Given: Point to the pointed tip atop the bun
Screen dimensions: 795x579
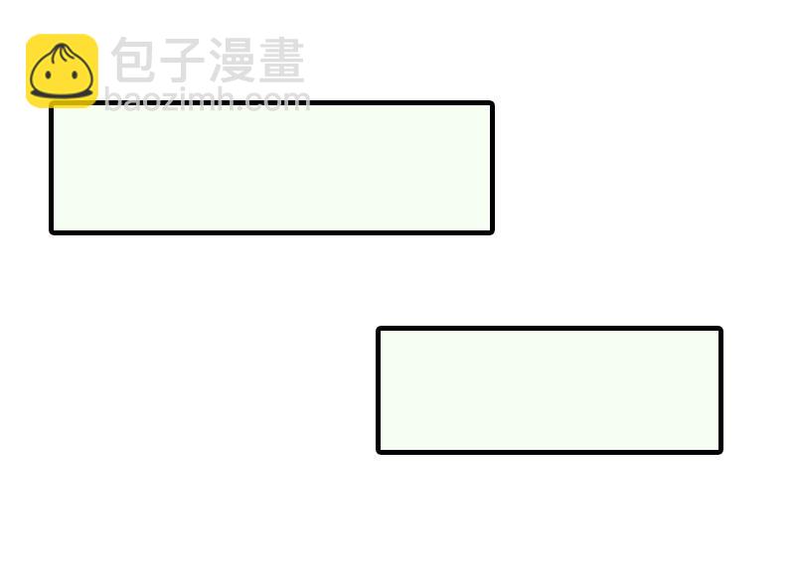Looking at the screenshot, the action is click(x=62, y=46).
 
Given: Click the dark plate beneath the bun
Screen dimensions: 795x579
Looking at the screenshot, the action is click(x=62, y=95).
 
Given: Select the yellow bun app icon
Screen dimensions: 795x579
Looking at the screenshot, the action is click(x=62, y=71).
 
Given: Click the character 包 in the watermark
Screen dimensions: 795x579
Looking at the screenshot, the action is click(x=134, y=61).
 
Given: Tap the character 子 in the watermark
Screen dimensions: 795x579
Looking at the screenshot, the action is click(x=182, y=61).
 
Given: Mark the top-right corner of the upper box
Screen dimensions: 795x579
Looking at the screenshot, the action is click(x=491, y=104).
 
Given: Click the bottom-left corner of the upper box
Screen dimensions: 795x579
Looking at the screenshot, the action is click(x=53, y=231).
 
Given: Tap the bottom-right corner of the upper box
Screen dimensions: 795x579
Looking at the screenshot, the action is click(x=491, y=231).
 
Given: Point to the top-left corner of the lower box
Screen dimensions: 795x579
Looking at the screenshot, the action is click(x=380, y=330).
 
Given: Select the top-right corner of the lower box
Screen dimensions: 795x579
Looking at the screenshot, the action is click(x=719, y=330).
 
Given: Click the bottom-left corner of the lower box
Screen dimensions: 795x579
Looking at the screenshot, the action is click(x=380, y=451).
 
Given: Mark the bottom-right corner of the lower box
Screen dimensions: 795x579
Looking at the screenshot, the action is click(x=719, y=451).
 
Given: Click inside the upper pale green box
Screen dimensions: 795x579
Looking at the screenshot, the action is click(x=271, y=168).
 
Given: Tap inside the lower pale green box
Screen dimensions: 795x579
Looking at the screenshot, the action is click(x=550, y=390).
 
